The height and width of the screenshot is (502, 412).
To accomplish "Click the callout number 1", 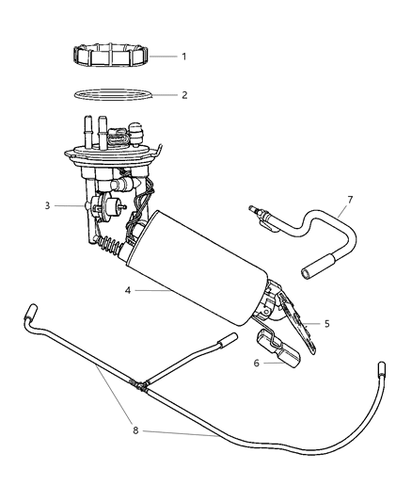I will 183,57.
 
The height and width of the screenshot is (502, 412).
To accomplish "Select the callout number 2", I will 183,95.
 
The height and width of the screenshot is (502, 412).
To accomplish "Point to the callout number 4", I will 126,291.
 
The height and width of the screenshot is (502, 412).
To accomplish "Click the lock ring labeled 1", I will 110,57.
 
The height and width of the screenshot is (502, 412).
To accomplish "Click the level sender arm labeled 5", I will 297,320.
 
